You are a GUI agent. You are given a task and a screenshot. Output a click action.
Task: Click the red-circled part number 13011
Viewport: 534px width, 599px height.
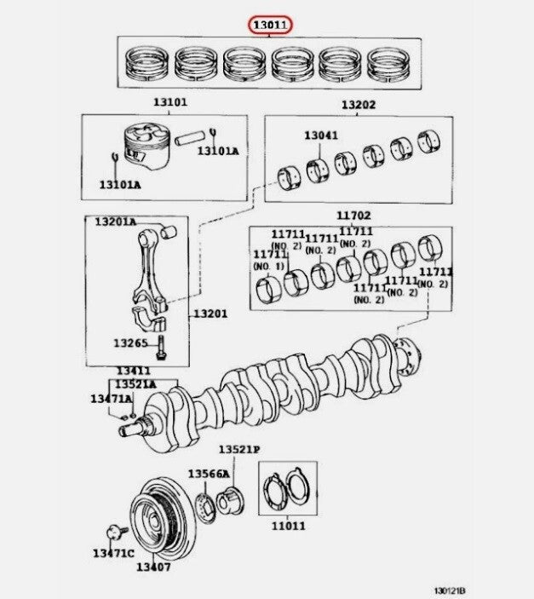tap(270, 26)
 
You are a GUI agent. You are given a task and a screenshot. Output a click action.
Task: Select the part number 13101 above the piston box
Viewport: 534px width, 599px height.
tap(170, 102)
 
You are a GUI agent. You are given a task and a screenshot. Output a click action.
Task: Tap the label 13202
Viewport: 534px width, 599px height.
tap(359, 105)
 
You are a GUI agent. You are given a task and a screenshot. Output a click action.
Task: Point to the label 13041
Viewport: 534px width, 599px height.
tap(321, 135)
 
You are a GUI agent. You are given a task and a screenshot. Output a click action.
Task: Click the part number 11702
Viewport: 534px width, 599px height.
tap(353, 216)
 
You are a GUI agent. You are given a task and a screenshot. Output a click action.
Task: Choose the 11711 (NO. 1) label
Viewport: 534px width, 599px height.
tap(270, 260)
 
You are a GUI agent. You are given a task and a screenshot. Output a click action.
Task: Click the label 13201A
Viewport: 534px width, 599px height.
tap(115, 222)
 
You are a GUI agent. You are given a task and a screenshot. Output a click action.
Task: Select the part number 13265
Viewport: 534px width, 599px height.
tap(130, 343)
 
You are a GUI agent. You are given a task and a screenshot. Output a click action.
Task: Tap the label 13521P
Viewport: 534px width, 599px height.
tap(239, 450)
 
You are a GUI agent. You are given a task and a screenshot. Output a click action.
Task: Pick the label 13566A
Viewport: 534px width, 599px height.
tap(209, 474)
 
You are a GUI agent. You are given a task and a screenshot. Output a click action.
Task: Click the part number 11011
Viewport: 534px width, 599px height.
tap(289, 526)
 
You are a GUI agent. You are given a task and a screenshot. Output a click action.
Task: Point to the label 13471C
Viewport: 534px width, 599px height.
tap(114, 553)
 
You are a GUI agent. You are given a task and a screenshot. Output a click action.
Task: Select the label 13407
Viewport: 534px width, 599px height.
tap(153, 567)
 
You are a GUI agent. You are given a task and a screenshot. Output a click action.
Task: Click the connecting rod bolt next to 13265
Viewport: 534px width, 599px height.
tap(162, 348)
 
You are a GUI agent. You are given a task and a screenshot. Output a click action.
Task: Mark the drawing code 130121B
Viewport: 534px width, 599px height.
tap(450, 591)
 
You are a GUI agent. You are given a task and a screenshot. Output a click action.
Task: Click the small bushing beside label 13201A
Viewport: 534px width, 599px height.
tap(169, 232)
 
